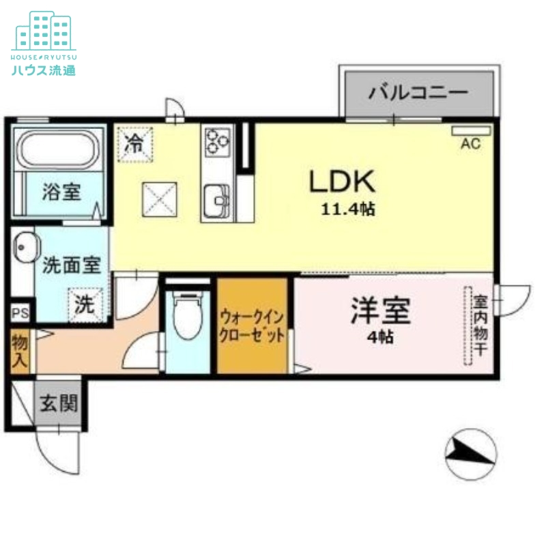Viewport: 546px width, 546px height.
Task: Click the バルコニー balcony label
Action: point(418,93)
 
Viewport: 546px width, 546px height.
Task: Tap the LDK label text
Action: point(342,182)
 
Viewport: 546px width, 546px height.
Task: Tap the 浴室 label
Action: point(61,192)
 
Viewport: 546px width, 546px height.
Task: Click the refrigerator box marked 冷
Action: point(136,144)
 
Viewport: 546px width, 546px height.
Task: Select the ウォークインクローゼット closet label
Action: point(252,327)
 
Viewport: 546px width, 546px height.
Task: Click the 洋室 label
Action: point(381,311)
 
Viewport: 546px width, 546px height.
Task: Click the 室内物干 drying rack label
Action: point(480,324)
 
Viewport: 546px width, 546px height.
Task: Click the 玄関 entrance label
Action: point(57,404)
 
